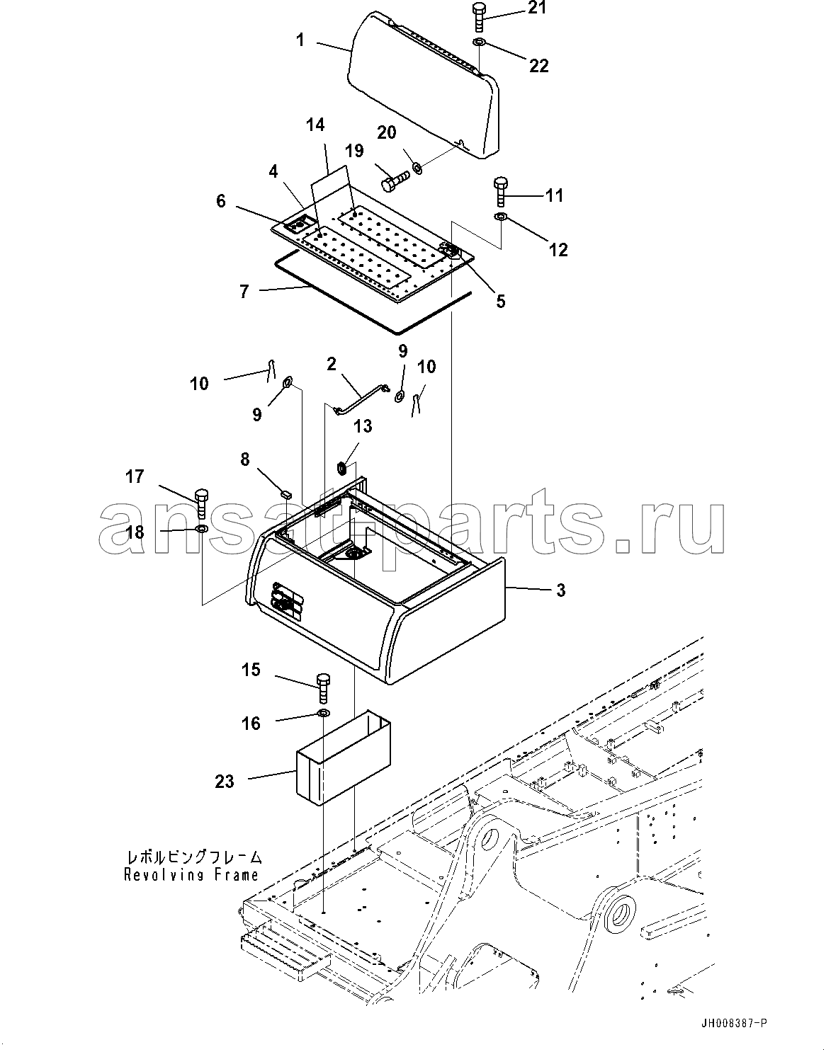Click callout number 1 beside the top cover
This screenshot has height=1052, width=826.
coord(300,40)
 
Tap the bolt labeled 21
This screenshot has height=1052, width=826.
coord(477,16)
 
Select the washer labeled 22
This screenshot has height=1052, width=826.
coord(479,44)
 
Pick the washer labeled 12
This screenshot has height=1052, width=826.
coord(500,216)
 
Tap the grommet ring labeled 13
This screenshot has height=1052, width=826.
coord(341,467)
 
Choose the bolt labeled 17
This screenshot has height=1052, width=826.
coord(201,501)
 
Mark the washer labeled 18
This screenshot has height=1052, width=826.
coord(201,529)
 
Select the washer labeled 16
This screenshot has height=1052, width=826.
coord(324,712)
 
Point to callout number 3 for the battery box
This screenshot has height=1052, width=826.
coord(560,590)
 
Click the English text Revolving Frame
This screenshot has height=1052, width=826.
coord(191,874)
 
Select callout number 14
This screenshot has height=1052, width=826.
coord(315,125)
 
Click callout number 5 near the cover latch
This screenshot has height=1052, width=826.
coord(501,301)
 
